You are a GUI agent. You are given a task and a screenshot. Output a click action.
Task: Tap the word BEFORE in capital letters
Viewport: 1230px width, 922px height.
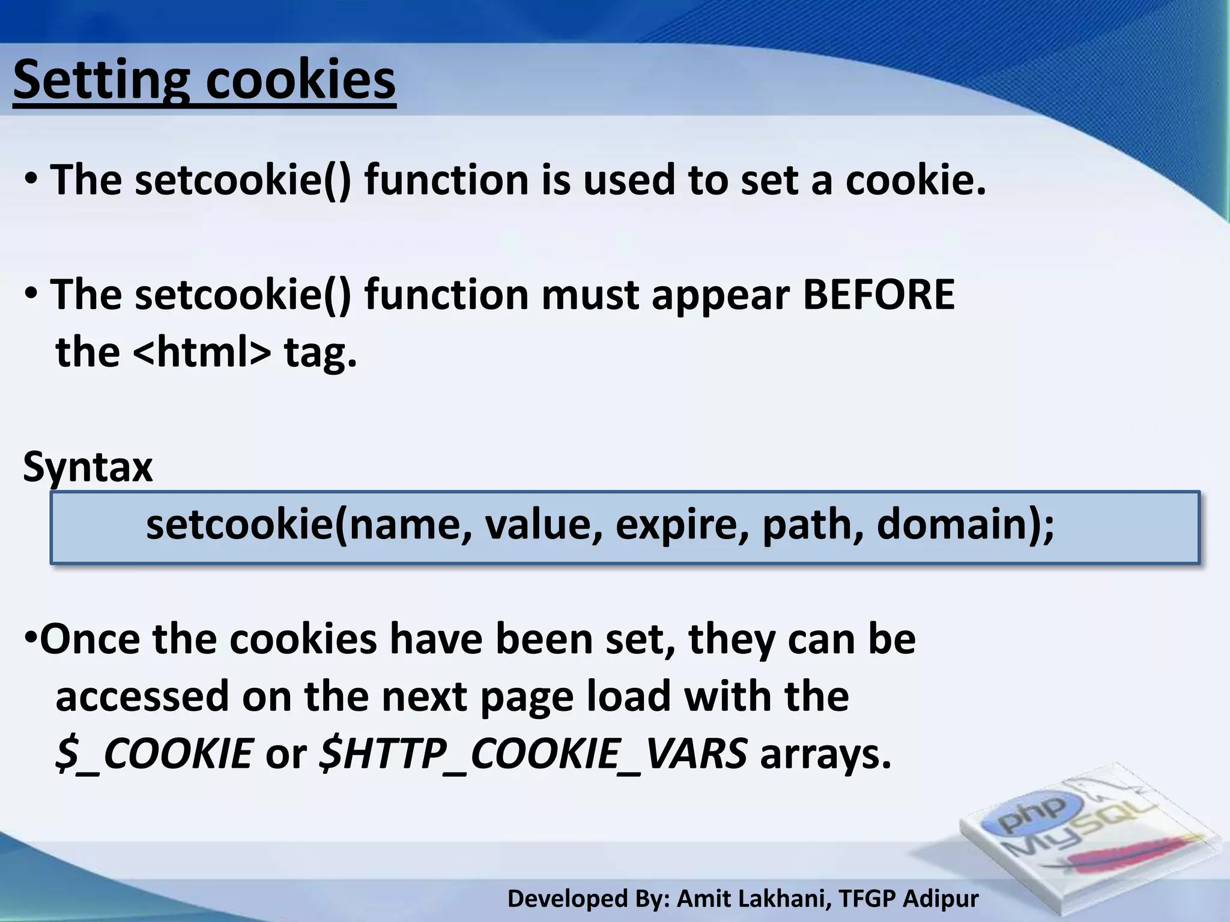point(878,295)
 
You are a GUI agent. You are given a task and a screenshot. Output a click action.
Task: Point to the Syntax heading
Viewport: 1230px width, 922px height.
point(88,468)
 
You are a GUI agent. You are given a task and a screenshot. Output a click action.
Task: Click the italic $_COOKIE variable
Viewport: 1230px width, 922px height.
point(154,753)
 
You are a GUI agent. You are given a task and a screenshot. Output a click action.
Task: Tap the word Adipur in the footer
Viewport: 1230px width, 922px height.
point(941,899)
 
